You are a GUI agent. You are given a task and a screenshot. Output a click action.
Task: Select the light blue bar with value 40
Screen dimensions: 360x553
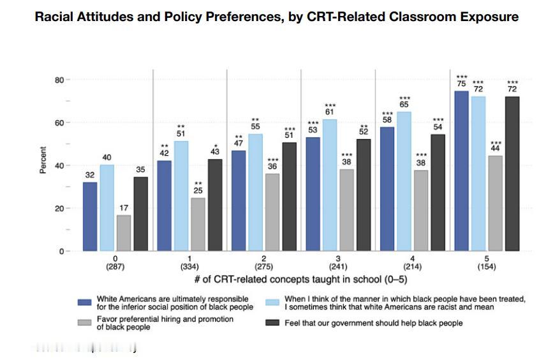(107, 207)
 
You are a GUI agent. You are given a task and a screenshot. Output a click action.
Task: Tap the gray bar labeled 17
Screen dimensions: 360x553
(124, 233)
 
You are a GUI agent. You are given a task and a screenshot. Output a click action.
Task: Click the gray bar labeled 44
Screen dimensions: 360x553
(496, 204)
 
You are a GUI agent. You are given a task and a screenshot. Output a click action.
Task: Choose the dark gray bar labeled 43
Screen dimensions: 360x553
(215, 205)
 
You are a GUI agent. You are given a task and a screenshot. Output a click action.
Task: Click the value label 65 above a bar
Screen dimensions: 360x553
(404, 105)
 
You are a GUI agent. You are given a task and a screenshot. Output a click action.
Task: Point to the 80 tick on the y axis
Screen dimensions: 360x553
(58, 80)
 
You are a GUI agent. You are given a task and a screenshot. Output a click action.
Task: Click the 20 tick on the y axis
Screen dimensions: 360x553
(58, 209)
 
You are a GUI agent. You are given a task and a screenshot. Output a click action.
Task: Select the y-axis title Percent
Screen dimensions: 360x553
(43, 160)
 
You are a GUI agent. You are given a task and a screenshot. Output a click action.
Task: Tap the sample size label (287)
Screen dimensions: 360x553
(115, 267)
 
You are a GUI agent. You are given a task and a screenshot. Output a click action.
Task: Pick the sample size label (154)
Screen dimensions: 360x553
(487, 267)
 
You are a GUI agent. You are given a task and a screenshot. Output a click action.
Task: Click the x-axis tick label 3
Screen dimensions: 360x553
(338, 259)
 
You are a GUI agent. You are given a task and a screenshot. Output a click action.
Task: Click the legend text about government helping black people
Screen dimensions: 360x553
(374, 324)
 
